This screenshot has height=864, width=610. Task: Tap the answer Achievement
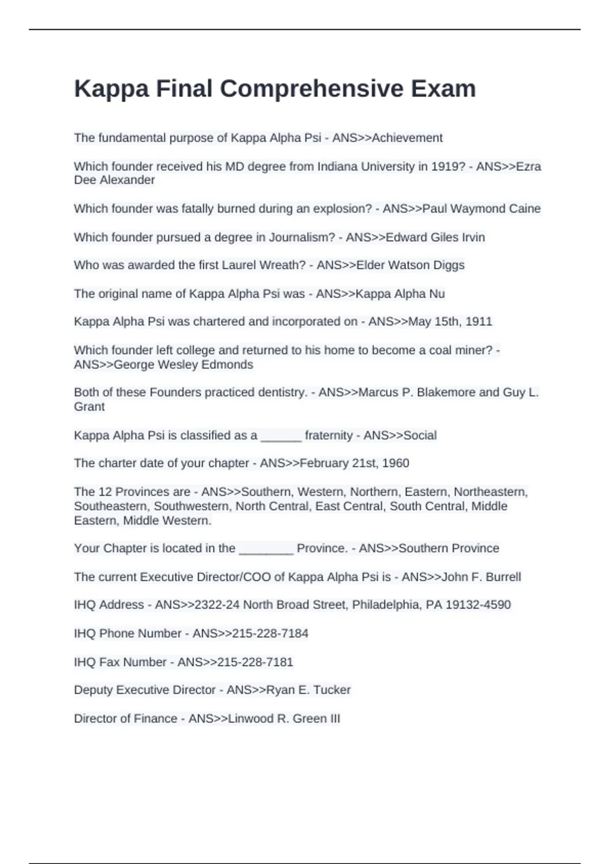tap(407, 138)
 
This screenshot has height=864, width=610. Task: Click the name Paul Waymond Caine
tap(481, 209)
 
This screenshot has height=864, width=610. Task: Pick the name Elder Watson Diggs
tap(410, 265)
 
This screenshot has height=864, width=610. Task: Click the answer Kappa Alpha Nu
tap(400, 294)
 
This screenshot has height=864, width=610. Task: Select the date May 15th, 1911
tap(450, 322)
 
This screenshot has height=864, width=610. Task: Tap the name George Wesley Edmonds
tap(183, 364)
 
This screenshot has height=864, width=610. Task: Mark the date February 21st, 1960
tap(354, 463)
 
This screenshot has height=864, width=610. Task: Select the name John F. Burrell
tap(481, 577)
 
